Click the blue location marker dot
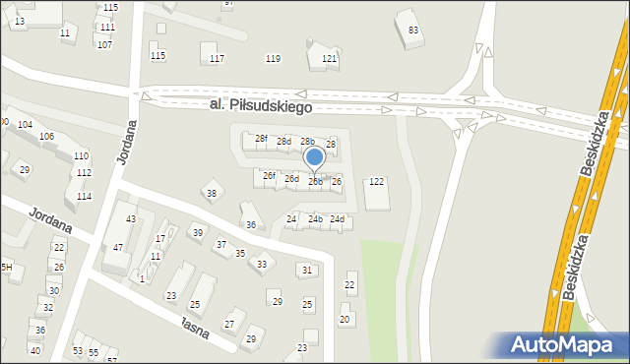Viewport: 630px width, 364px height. pos(314,156)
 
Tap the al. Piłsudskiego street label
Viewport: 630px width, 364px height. pos(260,104)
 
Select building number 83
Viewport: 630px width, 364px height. pos(413,30)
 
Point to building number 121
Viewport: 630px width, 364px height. pos(330,59)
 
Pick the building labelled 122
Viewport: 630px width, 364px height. pos(376,182)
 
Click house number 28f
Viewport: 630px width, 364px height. pos(261,139)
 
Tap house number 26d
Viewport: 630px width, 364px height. pos(291,179)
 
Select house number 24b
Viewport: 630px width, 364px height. pos(315,218)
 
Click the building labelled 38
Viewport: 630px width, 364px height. pos(212,193)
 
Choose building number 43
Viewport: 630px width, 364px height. pos(131,218)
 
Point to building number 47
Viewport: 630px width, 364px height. pos(118,247)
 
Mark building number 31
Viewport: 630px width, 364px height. pos(308,270)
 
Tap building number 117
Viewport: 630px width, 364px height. pos(217,59)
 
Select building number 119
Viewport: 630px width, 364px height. pos(273,59)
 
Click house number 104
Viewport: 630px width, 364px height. pos(25,125)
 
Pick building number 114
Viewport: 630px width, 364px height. pos(85,197)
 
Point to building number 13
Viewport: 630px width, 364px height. pos(20,21)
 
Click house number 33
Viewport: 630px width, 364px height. pos(262,264)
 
